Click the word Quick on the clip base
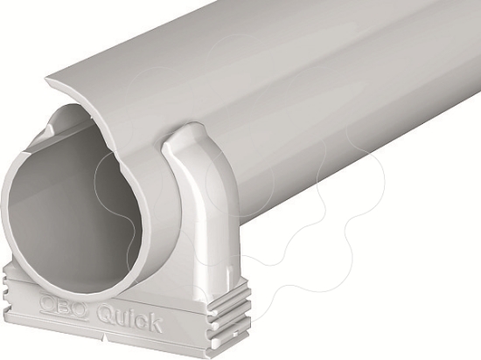click(129, 319)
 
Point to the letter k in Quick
click(153, 324)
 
